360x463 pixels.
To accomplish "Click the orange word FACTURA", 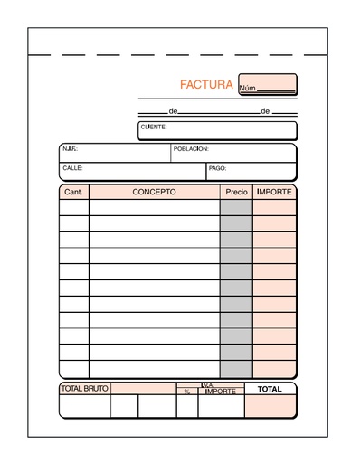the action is tap(206, 85).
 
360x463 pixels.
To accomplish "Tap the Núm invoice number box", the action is tap(268, 85).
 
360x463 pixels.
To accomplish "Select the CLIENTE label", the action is tap(154, 128).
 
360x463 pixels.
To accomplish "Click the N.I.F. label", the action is tap(70, 148).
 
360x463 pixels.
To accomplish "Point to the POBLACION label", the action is tap(191, 148).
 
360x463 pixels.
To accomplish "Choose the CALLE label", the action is tap(72, 168).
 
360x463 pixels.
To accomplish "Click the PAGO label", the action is tap(217, 168).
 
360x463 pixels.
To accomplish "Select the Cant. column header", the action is tap(73, 193).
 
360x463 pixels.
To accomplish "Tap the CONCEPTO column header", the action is tap(154, 192).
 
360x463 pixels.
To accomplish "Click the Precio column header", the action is tap(236, 193).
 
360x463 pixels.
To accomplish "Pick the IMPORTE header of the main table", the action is tap(274, 192).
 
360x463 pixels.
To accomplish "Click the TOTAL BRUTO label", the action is tap(84, 389).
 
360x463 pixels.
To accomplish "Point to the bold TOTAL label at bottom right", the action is tap(270, 389).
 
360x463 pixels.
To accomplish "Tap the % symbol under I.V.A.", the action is tap(187, 392).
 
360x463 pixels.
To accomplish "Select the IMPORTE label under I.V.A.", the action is tap(221, 392).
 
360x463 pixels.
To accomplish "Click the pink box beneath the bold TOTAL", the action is tap(270, 407).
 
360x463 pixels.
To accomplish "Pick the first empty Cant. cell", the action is tap(74, 207).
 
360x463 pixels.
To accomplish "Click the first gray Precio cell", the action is tap(236, 207).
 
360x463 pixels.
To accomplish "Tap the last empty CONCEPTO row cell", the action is tap(154, 369).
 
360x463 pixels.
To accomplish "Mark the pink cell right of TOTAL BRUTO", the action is tap(143, 389).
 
